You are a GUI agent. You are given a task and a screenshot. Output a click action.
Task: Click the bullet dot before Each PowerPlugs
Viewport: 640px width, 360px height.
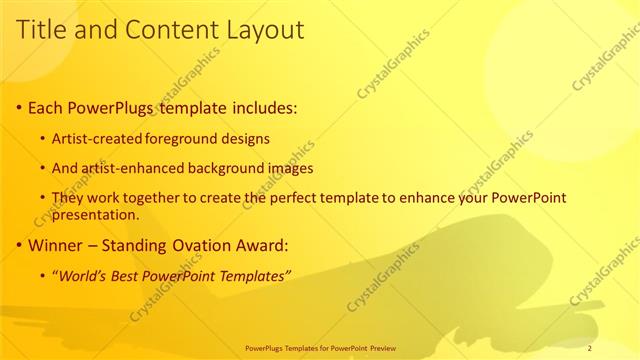pyautogui.click(x=20, y=107)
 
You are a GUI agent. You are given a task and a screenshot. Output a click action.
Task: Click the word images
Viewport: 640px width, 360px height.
pyautogui.click(x=290, y=168)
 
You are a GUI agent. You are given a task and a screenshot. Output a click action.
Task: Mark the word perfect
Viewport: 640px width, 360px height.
pyautogui.click(x=302, y=199)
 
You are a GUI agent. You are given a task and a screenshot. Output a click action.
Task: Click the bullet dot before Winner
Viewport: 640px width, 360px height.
pyautogui.click(x=20, y=245)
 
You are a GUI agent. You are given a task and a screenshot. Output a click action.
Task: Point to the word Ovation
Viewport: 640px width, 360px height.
pyautogui.click(x=199, y=245)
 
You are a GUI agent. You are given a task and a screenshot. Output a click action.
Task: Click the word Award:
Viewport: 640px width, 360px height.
pyautogui.click(x=259, y=245)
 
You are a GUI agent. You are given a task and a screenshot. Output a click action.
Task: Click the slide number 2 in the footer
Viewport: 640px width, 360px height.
pyautogui.click(x=590, y=348)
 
